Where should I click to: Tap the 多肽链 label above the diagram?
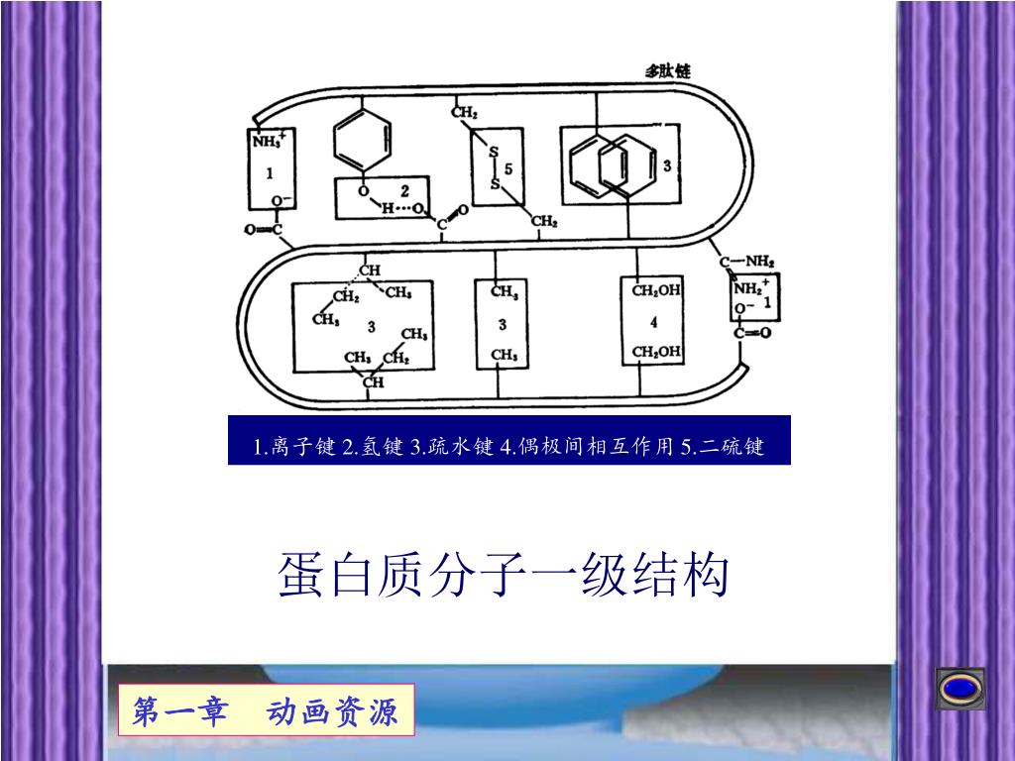point(668,71)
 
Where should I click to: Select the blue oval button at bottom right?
point(960,688)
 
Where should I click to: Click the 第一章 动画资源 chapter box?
point(266,711)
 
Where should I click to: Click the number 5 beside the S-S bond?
point(508,168)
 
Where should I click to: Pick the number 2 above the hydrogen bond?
point(404,189)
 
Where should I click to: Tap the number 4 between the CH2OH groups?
point(654,323)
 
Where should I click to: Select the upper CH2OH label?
point(656,290)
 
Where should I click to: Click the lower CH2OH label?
point(656,352)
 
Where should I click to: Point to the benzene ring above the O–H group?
point(363,142)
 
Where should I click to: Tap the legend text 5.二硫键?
point(723,446)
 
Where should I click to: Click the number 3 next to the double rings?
point(667,165)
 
